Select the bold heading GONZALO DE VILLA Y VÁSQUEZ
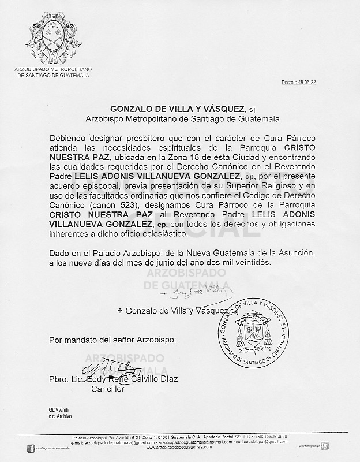pos(178,109)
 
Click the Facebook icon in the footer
pos(31,448)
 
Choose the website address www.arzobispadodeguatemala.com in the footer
pos(179,448)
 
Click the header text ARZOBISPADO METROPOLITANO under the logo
pos(53,70)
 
